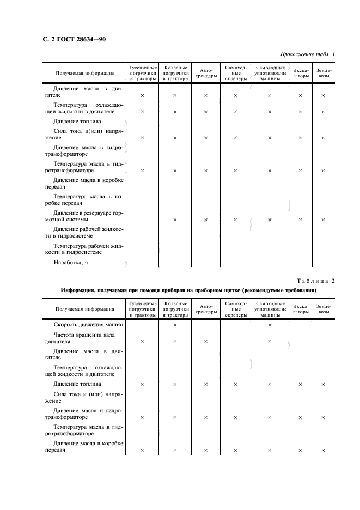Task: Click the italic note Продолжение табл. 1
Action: [x=307, y=54]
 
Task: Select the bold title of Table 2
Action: [x=190, y=290]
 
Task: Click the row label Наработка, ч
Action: [x=71, y=263]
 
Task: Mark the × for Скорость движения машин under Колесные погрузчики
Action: [x=175, y=325]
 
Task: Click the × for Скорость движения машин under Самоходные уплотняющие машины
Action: [x=270, y=325]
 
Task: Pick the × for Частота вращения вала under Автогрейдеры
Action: [x=206, y=342]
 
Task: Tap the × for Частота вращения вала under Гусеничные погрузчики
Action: [x=142, y=342]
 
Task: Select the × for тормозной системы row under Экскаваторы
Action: [x=300, y=220]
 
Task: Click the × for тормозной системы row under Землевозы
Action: [x=323, y=220]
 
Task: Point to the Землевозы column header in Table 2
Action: [x=324, y=309]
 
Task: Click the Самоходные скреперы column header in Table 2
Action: [x=236, y=309]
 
